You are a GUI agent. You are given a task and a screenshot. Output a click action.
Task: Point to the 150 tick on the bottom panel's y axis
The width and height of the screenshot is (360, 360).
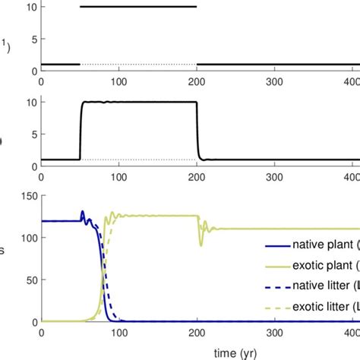point(25,197)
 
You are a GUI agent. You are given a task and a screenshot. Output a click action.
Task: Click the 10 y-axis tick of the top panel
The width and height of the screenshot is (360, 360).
point(28,7)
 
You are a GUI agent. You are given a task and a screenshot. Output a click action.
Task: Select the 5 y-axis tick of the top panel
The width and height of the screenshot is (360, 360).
point(31,39)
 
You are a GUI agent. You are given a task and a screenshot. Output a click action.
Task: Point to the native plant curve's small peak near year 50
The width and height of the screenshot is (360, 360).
point(82,213)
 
